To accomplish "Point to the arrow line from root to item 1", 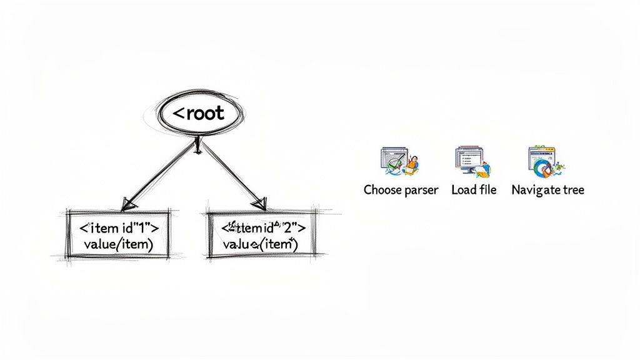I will tap(161, 173).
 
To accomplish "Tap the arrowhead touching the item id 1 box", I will tap(129, 204).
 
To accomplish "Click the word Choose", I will tap(384, 189).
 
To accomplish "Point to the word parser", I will tap(422, 190).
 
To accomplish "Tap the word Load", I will tap(464, 189).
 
